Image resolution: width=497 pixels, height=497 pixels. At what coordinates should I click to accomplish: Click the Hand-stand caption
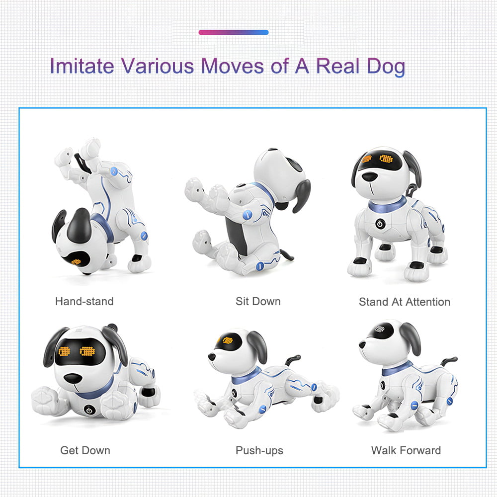coord(84,301)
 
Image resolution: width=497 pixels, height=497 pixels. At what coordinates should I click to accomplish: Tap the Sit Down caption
coord(258,301)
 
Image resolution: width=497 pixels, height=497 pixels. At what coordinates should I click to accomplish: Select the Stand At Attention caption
coord(404,302)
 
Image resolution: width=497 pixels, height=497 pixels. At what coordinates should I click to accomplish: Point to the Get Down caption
coord(85,450)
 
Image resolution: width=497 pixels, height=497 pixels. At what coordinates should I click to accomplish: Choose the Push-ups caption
coord(259,450)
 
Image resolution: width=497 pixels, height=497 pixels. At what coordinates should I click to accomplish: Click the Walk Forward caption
coord(406,450)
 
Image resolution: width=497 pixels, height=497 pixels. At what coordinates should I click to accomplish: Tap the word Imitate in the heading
coord(82,66)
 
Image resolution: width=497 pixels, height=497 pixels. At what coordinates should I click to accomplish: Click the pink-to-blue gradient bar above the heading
coord(234,32)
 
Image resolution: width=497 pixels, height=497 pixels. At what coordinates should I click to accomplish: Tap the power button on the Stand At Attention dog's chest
coord(380,223)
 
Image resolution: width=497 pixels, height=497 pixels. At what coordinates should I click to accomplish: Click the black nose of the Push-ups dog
coord(212,357)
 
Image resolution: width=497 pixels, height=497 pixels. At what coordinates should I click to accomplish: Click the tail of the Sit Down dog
coord(285,255)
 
